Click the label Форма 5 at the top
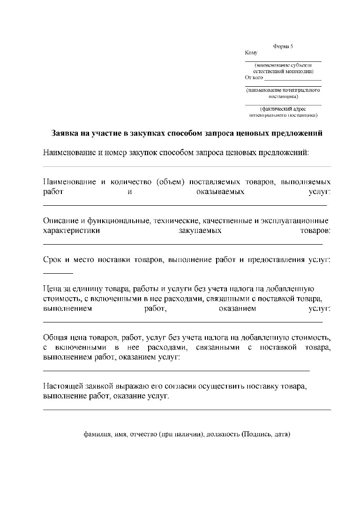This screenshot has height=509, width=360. click(283, 46)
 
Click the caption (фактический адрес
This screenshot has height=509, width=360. click(283, 109)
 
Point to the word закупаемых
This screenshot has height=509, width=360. click(200, 231)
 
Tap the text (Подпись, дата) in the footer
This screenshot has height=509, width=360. click(266, 434)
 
